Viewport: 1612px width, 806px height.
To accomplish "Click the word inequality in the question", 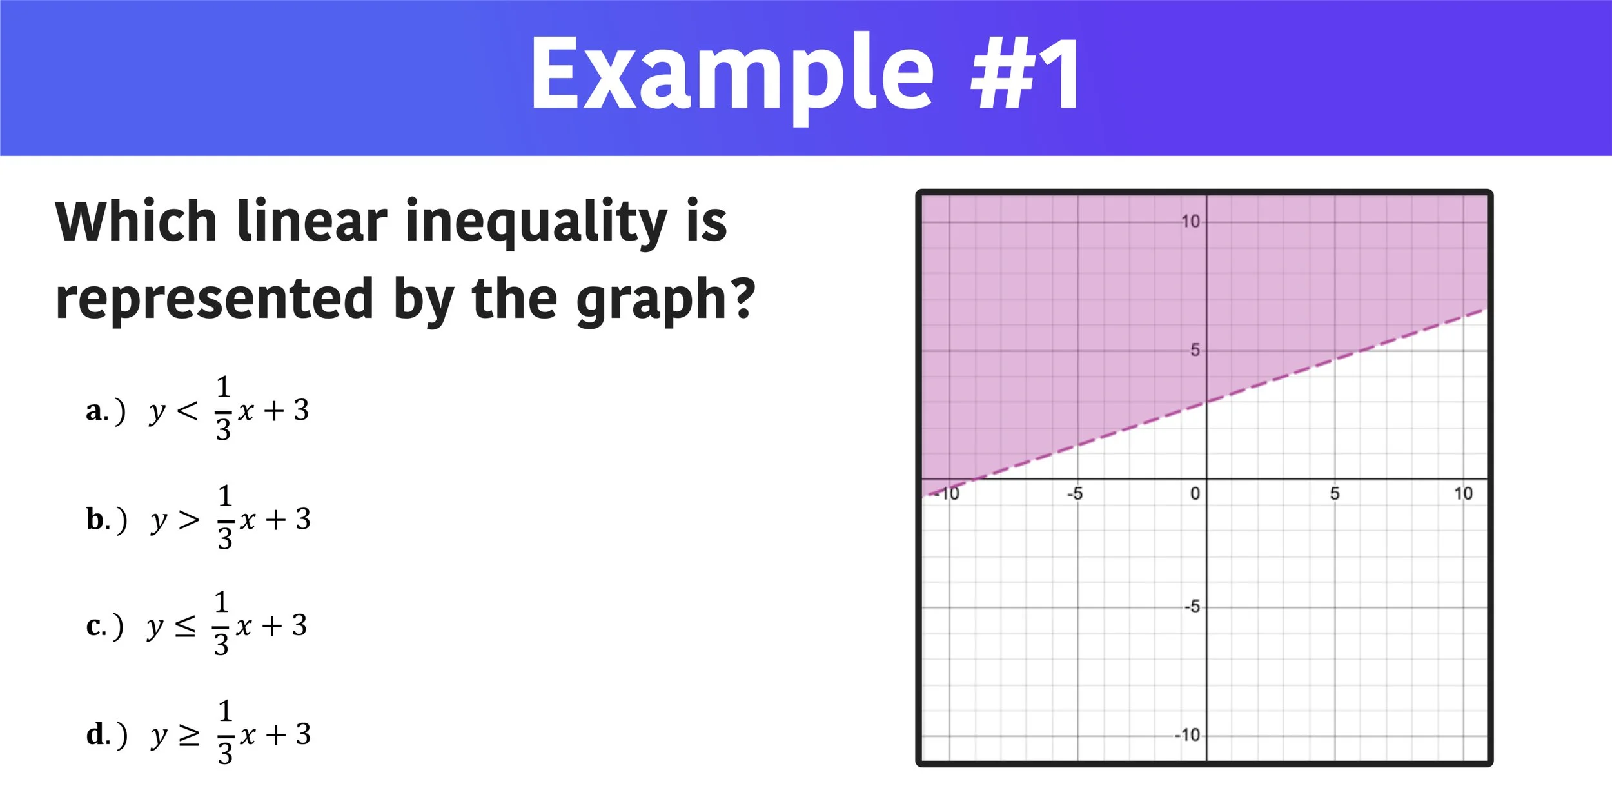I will pyautogui.click(x=535, y=222).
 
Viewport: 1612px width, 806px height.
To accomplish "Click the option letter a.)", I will pyautogui.click(x=105, y=411).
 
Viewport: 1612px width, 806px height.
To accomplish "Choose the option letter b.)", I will pyautogui.click(x=106, y=520).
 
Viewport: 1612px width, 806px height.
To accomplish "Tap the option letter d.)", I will pyautogui.click(x=106, y=734).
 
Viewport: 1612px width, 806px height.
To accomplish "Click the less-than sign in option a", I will pyautogui.click(x=187, y=410).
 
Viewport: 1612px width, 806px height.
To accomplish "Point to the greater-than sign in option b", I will pyautogui.click(x=189, y=519).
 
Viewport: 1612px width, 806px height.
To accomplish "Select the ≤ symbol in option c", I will pyautogui.click(x=185, y=626).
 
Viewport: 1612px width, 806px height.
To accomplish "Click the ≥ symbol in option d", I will pyautogui.click(x=189, y=735).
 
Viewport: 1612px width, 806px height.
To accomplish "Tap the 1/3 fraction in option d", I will pyautogui.click(x=224, y=732).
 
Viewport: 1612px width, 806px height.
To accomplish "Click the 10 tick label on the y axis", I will pyautogui.click(x=1190, y=222).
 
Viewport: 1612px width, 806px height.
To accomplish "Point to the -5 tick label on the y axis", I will pyautogui.click(x=1192, y=607).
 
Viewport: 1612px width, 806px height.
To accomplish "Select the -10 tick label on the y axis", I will pyautogui.click(x=1187, y=735).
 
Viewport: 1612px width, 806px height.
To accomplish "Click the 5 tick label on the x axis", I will pyautogui.click(x=1335, y=494).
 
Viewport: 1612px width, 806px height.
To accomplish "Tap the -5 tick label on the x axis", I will pyautogui.click(x=1075, y=494).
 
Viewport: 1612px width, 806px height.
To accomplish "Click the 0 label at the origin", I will pyautogui.click(x=1195, y=494).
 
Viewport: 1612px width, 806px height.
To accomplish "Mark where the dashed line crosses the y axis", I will pyautogui.click(x=1206, y=402).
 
